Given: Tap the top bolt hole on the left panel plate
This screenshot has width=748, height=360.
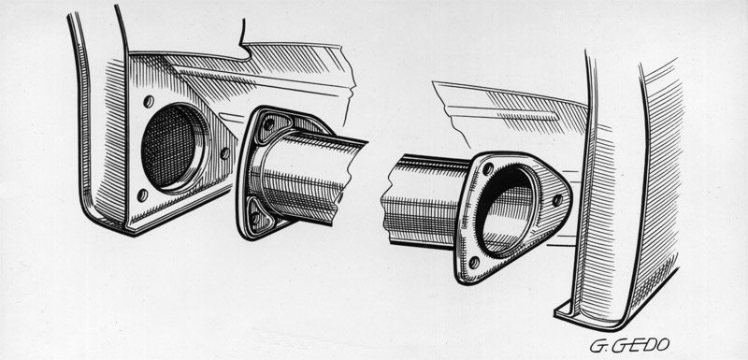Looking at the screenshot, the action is (149, 102).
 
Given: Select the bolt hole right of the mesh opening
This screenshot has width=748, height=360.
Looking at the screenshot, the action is (224, 153).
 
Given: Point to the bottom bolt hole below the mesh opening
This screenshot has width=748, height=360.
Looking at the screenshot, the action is (142, 194).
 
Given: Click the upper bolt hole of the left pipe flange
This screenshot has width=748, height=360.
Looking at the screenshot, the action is (268, 125).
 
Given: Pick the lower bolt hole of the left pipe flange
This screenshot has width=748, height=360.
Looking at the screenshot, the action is (255, 218).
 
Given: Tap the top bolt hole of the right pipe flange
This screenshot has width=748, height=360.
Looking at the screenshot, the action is (488, 169).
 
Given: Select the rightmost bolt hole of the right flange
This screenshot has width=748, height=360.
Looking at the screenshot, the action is (556, 200).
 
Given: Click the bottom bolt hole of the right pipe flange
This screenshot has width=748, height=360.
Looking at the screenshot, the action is (474, 262).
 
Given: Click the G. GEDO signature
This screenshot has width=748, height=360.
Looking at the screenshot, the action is (629, 345).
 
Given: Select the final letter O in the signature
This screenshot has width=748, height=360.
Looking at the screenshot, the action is (661, 344).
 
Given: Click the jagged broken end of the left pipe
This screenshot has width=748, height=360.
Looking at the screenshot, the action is (352, 182).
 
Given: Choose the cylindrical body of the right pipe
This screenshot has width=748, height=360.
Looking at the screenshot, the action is (424, 201).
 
